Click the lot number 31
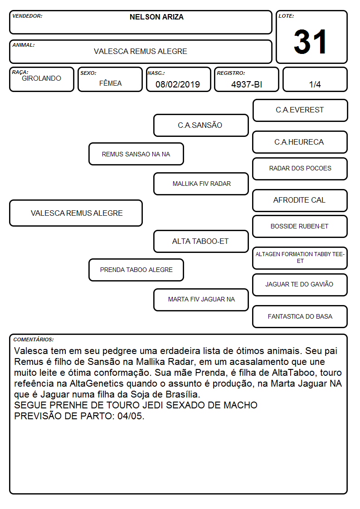pyautogui.click(x=310, y=42)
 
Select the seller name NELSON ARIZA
pyautogui.click(x=156, y=17)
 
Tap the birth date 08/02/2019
pyautogui.click(x=178, y=84)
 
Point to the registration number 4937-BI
pyautogui.click(x=246, y=84)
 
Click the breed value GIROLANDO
pyautogui.click(x=41, y=78)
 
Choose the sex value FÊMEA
pyautogui.click(x=110, y=83)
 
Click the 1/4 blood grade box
pyautogui.click(x=315, y=79)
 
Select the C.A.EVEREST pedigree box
pyautogui.click(x=300, y=111)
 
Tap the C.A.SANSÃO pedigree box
pyautogui.click(x=201, y=125)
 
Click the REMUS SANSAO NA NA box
pyautogui.click(x=136, y=154)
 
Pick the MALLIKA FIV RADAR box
pyautogui.click(x=201, y=184)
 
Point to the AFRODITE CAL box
pyautogui.click(x=300, y=200)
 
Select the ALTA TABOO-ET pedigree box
pyautogui.click(x=201, y=241)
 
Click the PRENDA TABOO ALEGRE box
pyautogui.click(x=136, y=270)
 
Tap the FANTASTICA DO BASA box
pyautogui.click(x=300, y=316)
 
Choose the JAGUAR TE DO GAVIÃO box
pyautogui.click(x=300, y=285)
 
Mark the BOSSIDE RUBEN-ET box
pyautogui.click(x=300, y=226)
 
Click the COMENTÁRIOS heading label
pyautogui.click(x=34, y=339)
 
